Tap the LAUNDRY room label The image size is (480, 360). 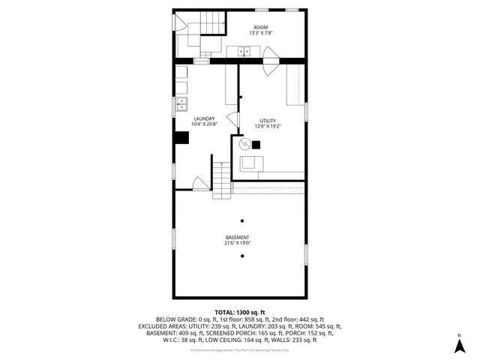pos(204,118)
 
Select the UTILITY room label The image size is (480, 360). pos(268,121)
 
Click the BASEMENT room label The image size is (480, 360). pos(237,238)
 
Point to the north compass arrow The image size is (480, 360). pos(459,344)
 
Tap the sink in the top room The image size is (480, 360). pos(244,52)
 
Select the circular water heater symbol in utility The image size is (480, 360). pos(243,143)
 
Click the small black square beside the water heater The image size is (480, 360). pos(255,144)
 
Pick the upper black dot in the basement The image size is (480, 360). pos(241,220)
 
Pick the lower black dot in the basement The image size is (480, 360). pos(241,256)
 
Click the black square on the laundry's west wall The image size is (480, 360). pos(181,137)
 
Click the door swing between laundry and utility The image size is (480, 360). pos(232,120)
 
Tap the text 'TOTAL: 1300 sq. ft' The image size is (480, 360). pos(240,312)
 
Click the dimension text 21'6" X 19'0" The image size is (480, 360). pos(237,244)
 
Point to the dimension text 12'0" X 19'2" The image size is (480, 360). pos(268,127)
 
